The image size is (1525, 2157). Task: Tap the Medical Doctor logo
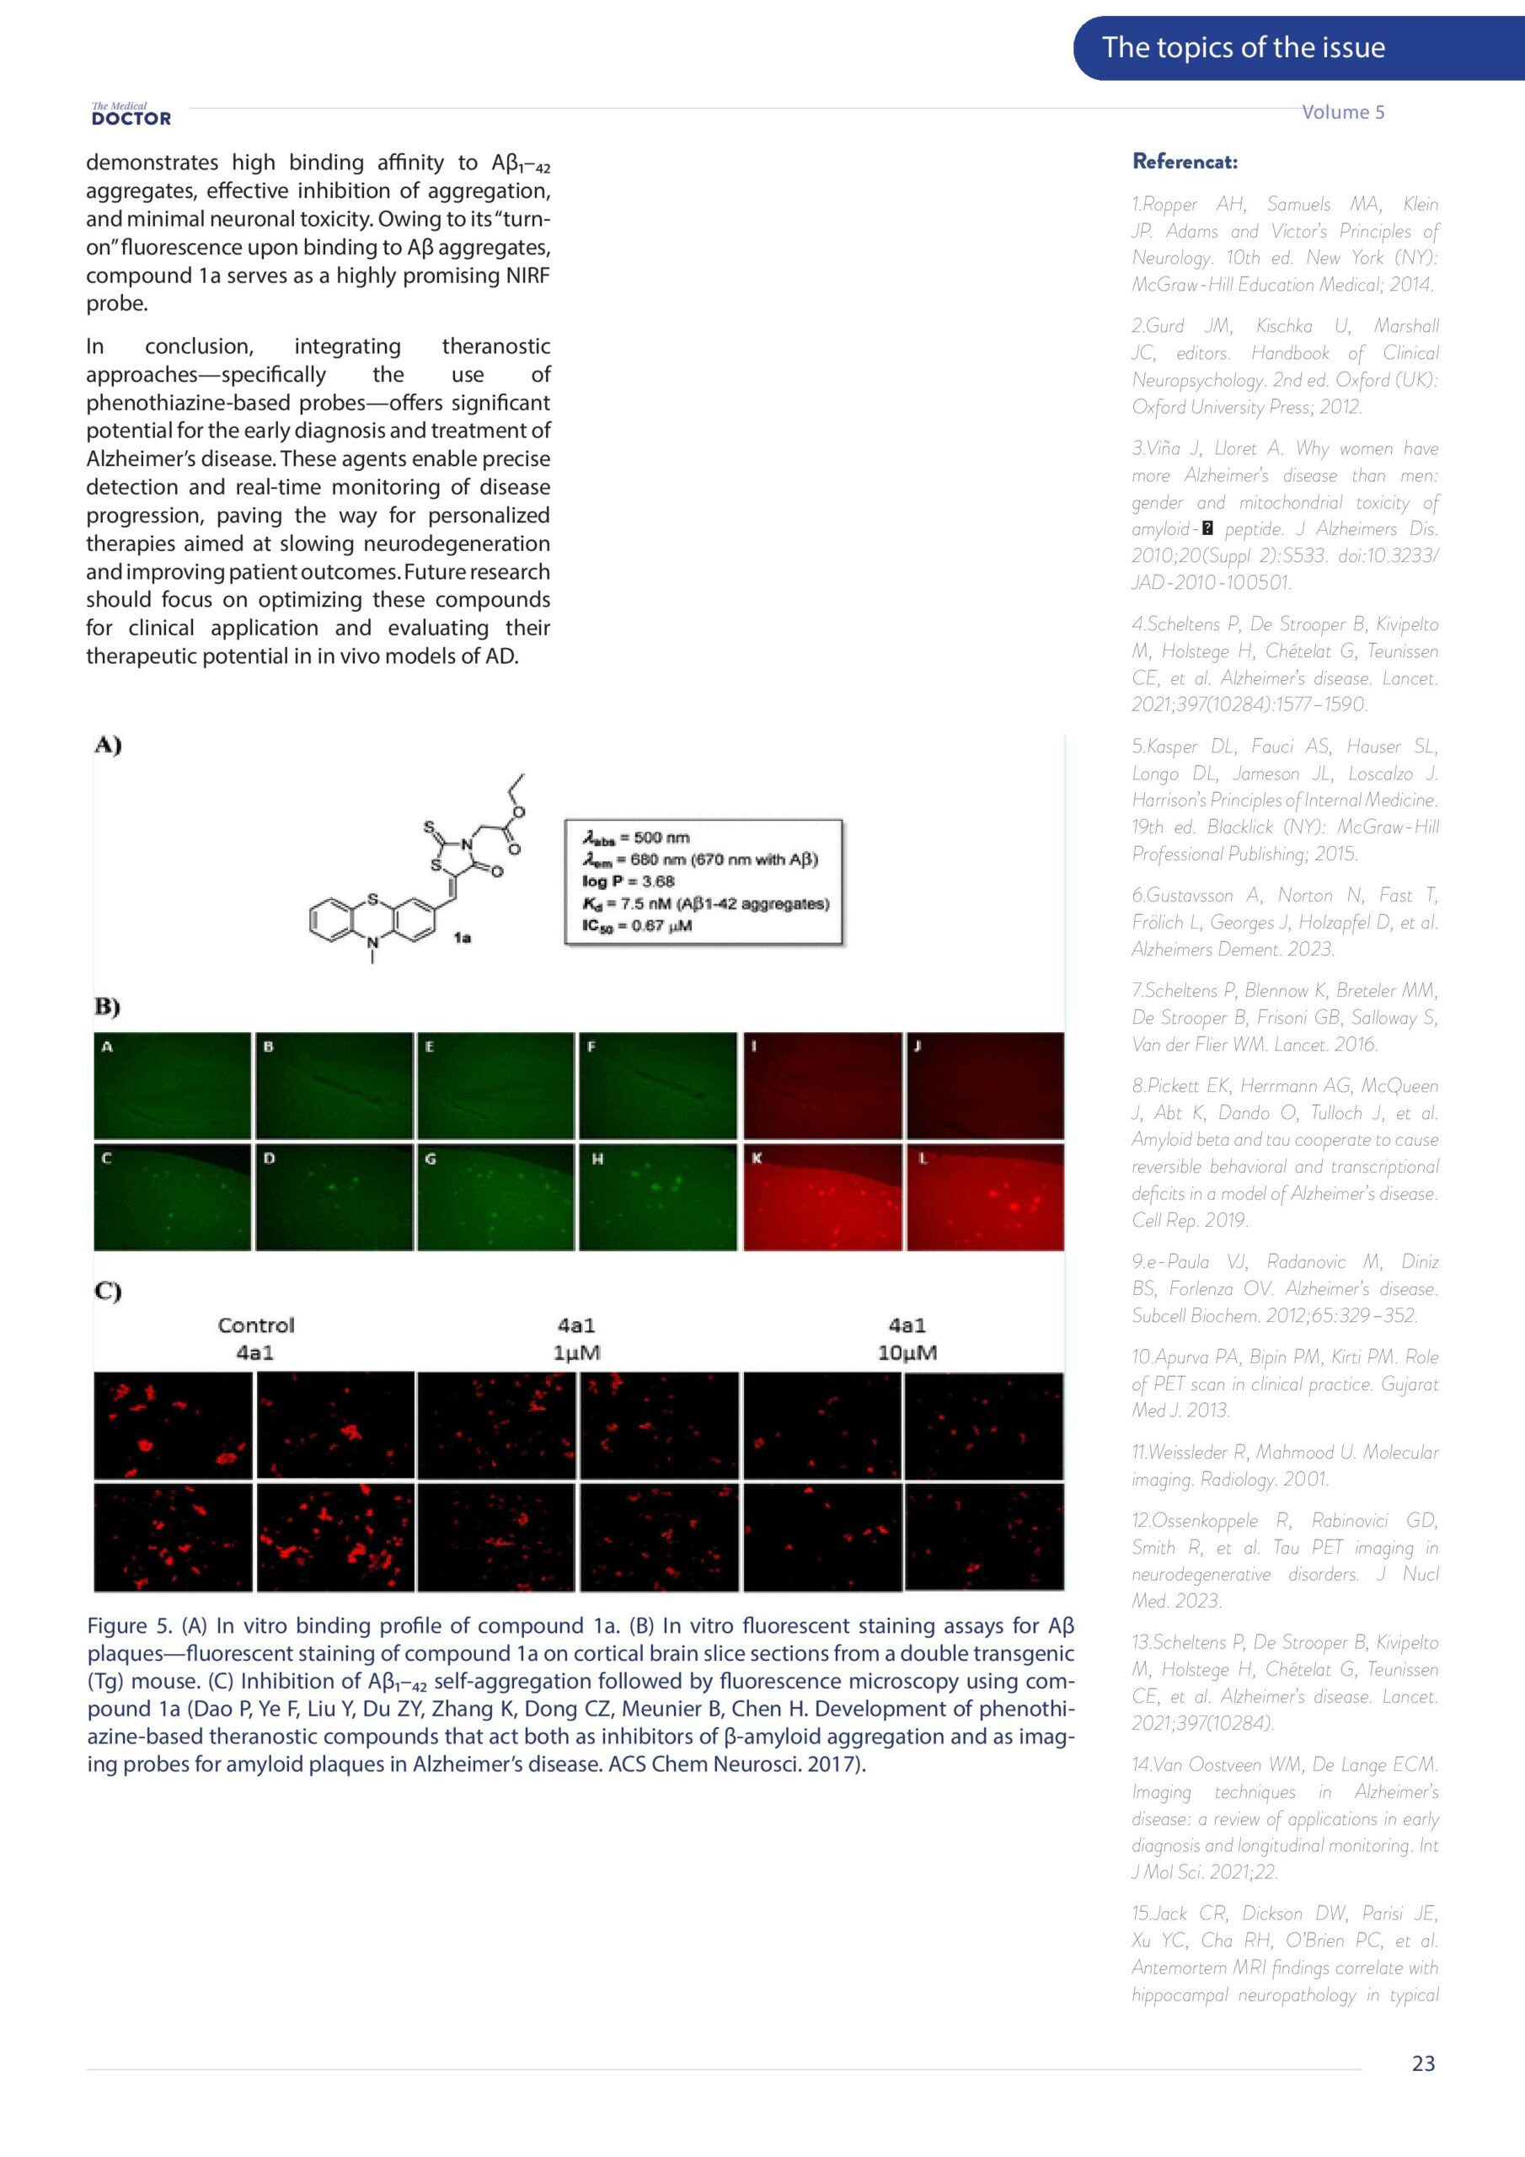(x=131, y=115)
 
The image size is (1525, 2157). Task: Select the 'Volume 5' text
(x=1342, y=112)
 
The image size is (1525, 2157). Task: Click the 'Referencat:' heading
(x=1184, y=162)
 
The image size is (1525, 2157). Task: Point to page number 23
(x=1422, y=2063)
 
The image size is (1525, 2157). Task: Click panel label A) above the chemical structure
(x=107, y=746)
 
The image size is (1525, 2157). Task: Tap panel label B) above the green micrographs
(x=107, y=1007)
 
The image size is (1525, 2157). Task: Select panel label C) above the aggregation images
(x=107, y=1291)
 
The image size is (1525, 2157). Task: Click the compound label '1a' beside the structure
(x=462, y=938)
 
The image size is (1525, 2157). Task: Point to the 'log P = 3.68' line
(x=628, y=881)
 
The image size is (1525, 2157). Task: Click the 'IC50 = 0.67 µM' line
(x=636, y=925)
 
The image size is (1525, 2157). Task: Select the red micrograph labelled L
(x=984, y=1196)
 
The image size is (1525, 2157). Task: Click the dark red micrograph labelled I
(x=822, y=1085)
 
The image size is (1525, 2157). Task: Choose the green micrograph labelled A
(x=172, y=1085)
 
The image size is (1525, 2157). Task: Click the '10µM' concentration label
(x=907, y=1353)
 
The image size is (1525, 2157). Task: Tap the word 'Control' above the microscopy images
(x=255, y=1325)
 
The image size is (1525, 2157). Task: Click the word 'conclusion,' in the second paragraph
(x=199, y=346)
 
